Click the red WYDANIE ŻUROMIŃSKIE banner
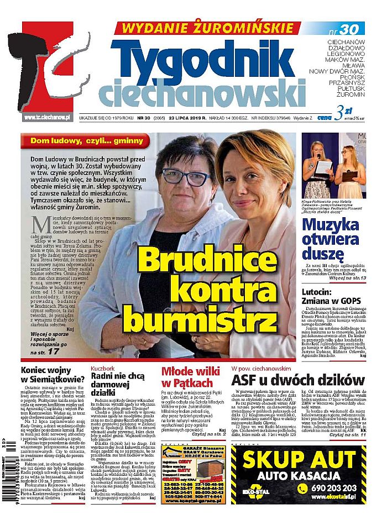coord(207,28)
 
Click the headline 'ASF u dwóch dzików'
coord(298,380)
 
